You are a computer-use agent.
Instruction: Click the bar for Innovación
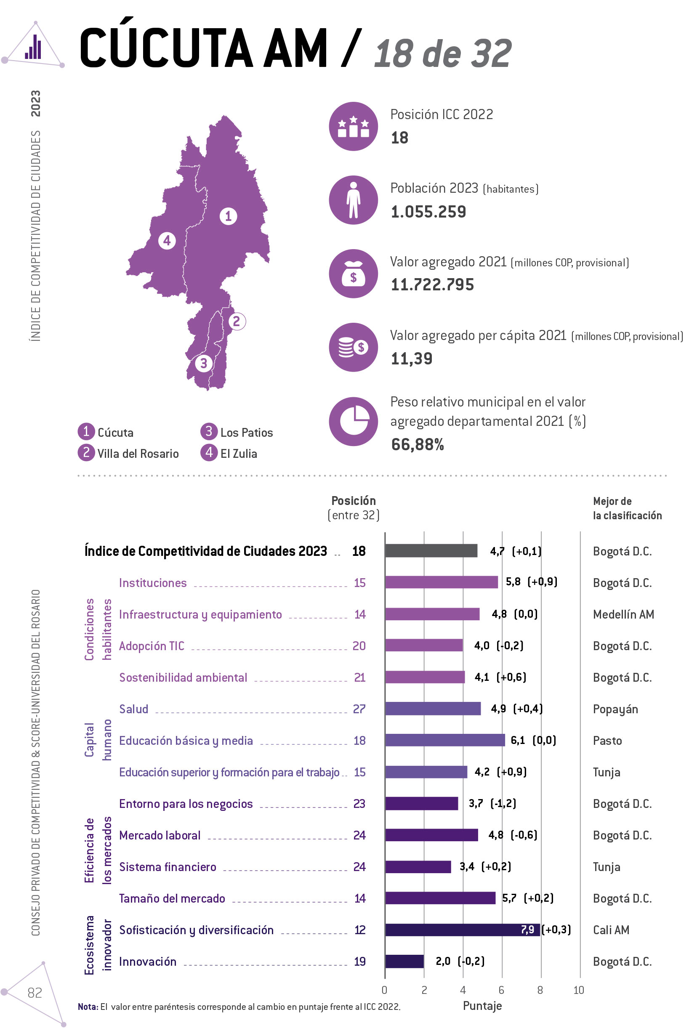pyautogui.click(x=404, y=961)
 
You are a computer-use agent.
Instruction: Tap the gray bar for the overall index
pyautogui.click(x=431, y=551)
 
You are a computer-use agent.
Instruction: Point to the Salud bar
pyautogui.click(x=432, y=709)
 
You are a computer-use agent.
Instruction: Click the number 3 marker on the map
pyautogui.click(x=204, y=363)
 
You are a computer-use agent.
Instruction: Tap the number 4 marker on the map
pyautogui.click(x=167, y=241)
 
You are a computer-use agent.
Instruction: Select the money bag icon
pyautogui.click(x=353, y=274)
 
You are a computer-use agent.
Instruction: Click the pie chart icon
pyautogui.click(x=353, y=421)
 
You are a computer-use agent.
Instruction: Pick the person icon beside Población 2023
pyautogui.click(x=353, y=200)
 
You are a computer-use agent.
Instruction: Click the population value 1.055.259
pyautogui.click(x=428, y=212)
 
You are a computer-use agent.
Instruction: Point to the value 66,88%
pyautogui.click(x=417, y=444)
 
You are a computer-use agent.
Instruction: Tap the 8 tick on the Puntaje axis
pyautogui.click(x=540, y=991)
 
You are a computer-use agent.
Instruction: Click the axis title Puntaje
pyautogui.click(x=482, y=1006)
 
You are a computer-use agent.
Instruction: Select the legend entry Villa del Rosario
pyautogui.click(x=138, y=453)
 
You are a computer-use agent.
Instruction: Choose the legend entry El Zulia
pyautogui.click(x=238, y=453)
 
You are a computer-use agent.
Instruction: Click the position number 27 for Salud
pyautogui.click(x=359, y=709)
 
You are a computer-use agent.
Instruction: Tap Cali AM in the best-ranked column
pyautogui.click(x=611, y=930)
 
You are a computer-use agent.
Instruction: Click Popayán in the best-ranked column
pyautogui.click(x=615, y=709)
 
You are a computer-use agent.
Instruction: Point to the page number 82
pyautogui.click(x=35, y=993)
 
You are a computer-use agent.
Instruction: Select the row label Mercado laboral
pyautogui.click(x=160, y=835)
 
